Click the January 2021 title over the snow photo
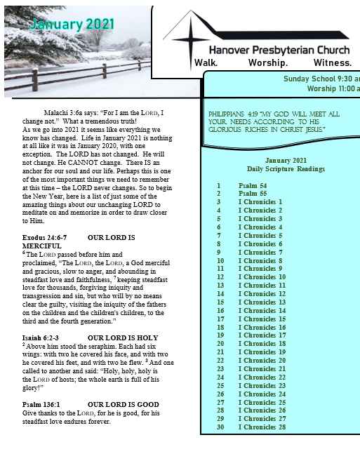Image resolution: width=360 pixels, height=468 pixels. pos(72,24)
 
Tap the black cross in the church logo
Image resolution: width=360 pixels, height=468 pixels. pos(191,40)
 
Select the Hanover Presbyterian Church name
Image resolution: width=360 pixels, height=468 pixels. pos(279,50)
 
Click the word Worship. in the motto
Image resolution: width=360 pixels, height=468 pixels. pos(268,62)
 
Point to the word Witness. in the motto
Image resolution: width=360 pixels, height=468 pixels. pos(332,62)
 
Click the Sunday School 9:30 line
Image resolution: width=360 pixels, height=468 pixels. pos(321,79)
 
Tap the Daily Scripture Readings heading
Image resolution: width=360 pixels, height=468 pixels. pos(286,169)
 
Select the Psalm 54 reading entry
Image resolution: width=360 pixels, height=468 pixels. pos(253,185)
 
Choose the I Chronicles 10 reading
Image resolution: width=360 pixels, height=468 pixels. pos(262,277)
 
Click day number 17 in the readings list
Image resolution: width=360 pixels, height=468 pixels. pos(220,319)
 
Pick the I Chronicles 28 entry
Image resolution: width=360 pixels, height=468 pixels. pos(262,427)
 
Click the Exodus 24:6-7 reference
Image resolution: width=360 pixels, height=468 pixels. pos(44,238)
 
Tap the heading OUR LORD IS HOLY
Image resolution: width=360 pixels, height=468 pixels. pos(123,338)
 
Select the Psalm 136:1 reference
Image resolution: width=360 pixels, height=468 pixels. pos(41,405)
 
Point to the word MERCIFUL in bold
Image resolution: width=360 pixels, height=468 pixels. pos(42,246)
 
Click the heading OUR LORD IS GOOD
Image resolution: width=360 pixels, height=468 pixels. pos(124,405)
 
